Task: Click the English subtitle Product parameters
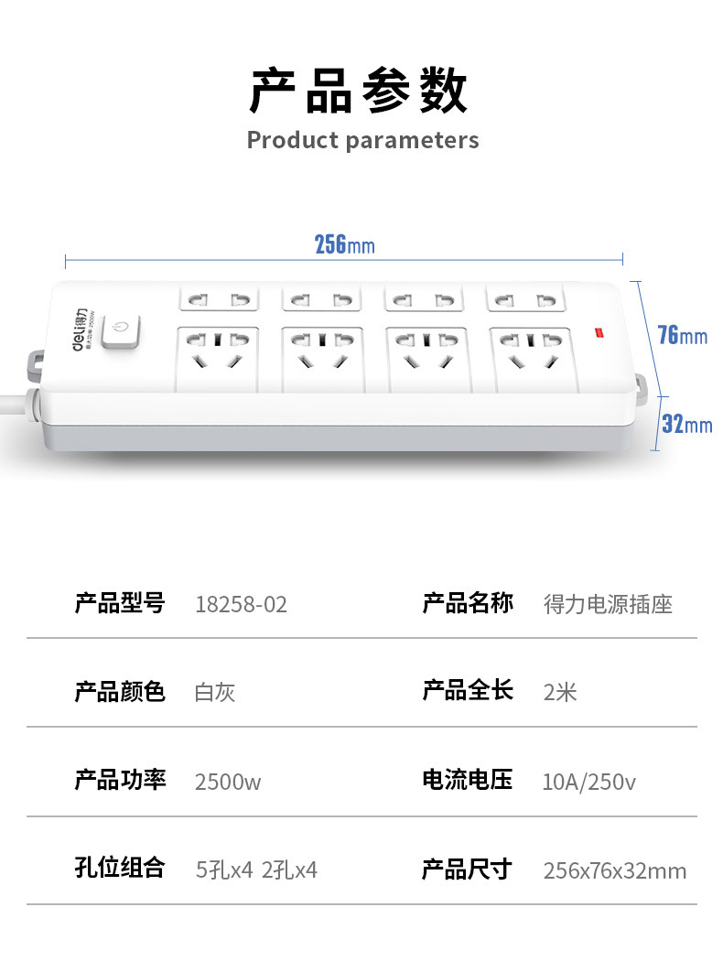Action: (362, 140)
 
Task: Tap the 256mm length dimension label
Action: (344, 245)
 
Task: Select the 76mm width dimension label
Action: (683, 335)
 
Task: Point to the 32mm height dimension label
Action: (686, 424)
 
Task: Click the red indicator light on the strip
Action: (600, 332)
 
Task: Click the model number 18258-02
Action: (241, 604)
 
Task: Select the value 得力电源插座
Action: (608, 604)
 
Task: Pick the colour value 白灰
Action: (215, 692)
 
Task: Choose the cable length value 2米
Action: (560, 692)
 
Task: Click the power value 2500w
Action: (228, 782)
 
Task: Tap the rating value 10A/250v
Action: (588, 782)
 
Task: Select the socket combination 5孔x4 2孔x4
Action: (257, 869)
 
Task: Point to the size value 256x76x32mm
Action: (614, 869)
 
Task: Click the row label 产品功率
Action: (120, 781)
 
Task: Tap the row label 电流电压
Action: (467, 781)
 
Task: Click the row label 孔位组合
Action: (120, 869)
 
